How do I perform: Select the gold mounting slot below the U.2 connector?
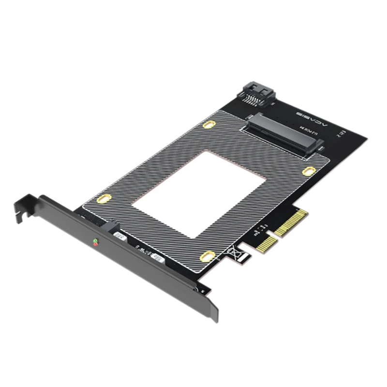point(308,171)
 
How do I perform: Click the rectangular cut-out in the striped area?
point(198,193)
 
